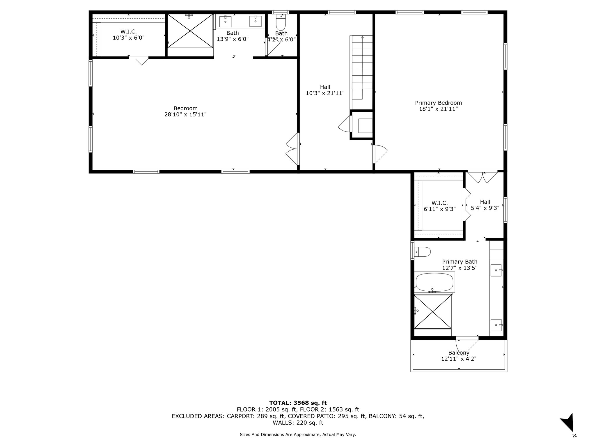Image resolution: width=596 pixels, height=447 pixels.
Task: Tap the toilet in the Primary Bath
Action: coord(422,252)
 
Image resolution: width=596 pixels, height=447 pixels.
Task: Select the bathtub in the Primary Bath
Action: coord(434,282)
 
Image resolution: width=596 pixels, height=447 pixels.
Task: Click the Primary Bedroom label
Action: coord(438,103)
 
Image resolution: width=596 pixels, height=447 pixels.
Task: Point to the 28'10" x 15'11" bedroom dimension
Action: coord(186,114)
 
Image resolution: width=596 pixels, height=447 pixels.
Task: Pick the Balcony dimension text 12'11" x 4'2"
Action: coord(459,359)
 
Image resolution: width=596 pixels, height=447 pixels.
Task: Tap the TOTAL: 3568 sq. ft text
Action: coord(298,403)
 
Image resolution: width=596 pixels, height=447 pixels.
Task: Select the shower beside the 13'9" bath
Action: coord(190,31)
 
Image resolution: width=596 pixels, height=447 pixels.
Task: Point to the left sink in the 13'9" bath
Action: coord(225,21)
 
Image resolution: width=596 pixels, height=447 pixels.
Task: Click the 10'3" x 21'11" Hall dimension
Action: coord(325,93)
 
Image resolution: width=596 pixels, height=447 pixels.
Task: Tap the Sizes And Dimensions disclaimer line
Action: coord(298,434)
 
